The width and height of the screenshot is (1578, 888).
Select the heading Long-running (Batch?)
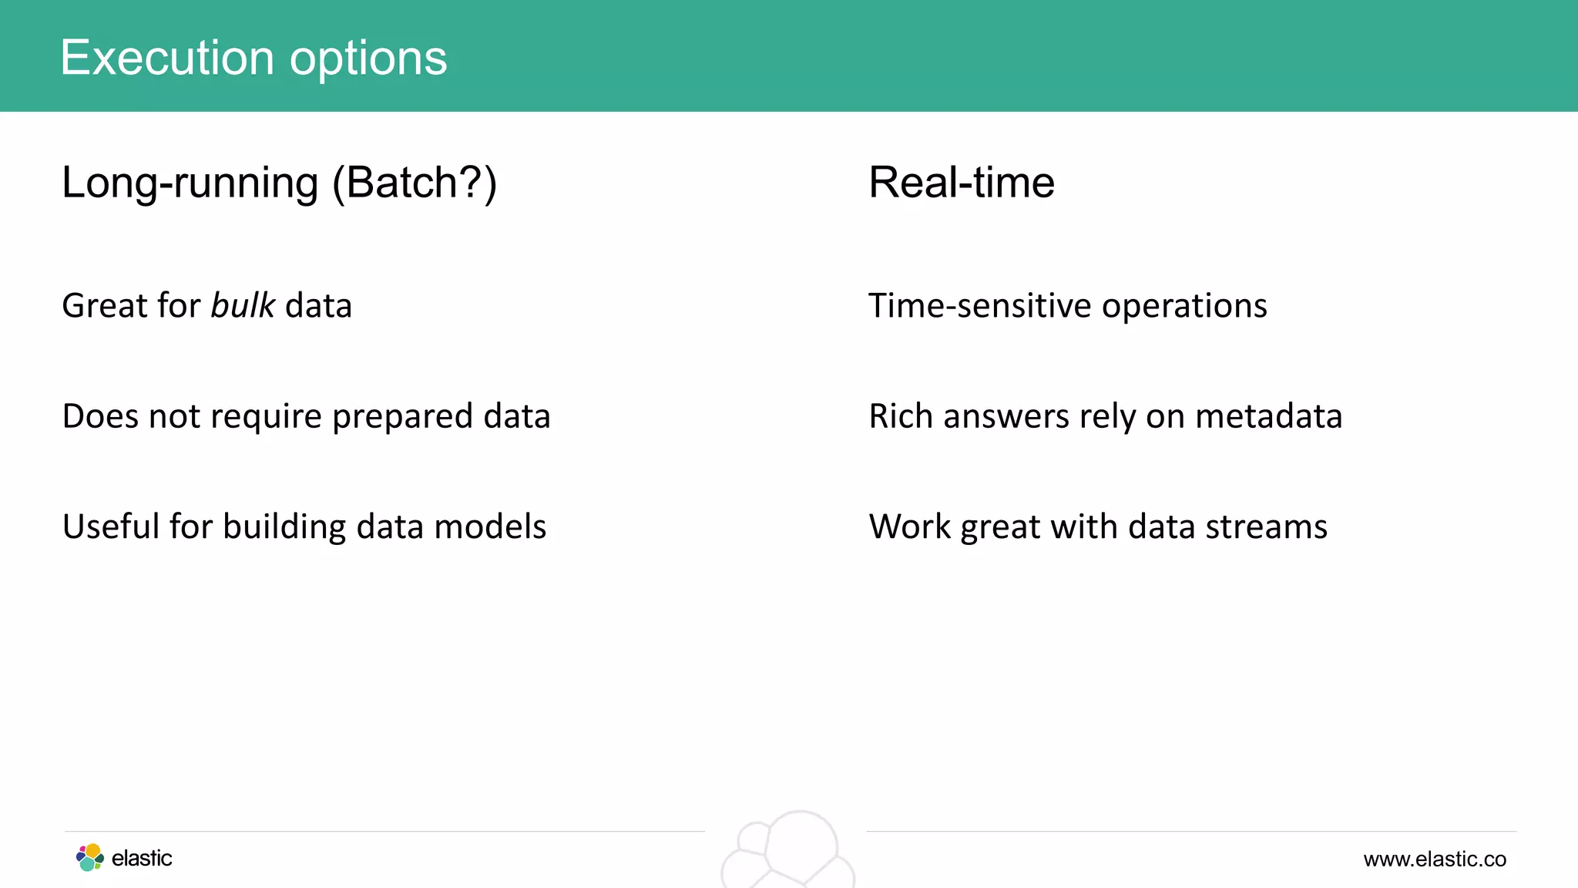279,183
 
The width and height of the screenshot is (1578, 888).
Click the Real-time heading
961,183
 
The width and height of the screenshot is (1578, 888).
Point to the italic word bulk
243,306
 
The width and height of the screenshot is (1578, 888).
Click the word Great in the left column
104,306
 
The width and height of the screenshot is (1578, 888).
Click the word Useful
111,526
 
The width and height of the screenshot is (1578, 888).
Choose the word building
284,528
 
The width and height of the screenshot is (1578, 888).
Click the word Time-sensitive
979,306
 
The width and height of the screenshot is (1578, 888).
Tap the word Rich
900,416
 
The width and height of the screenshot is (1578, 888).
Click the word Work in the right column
910,527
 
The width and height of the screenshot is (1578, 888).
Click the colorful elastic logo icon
90,857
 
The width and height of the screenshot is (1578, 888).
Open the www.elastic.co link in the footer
1434,859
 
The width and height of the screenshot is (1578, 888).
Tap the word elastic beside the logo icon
142,858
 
